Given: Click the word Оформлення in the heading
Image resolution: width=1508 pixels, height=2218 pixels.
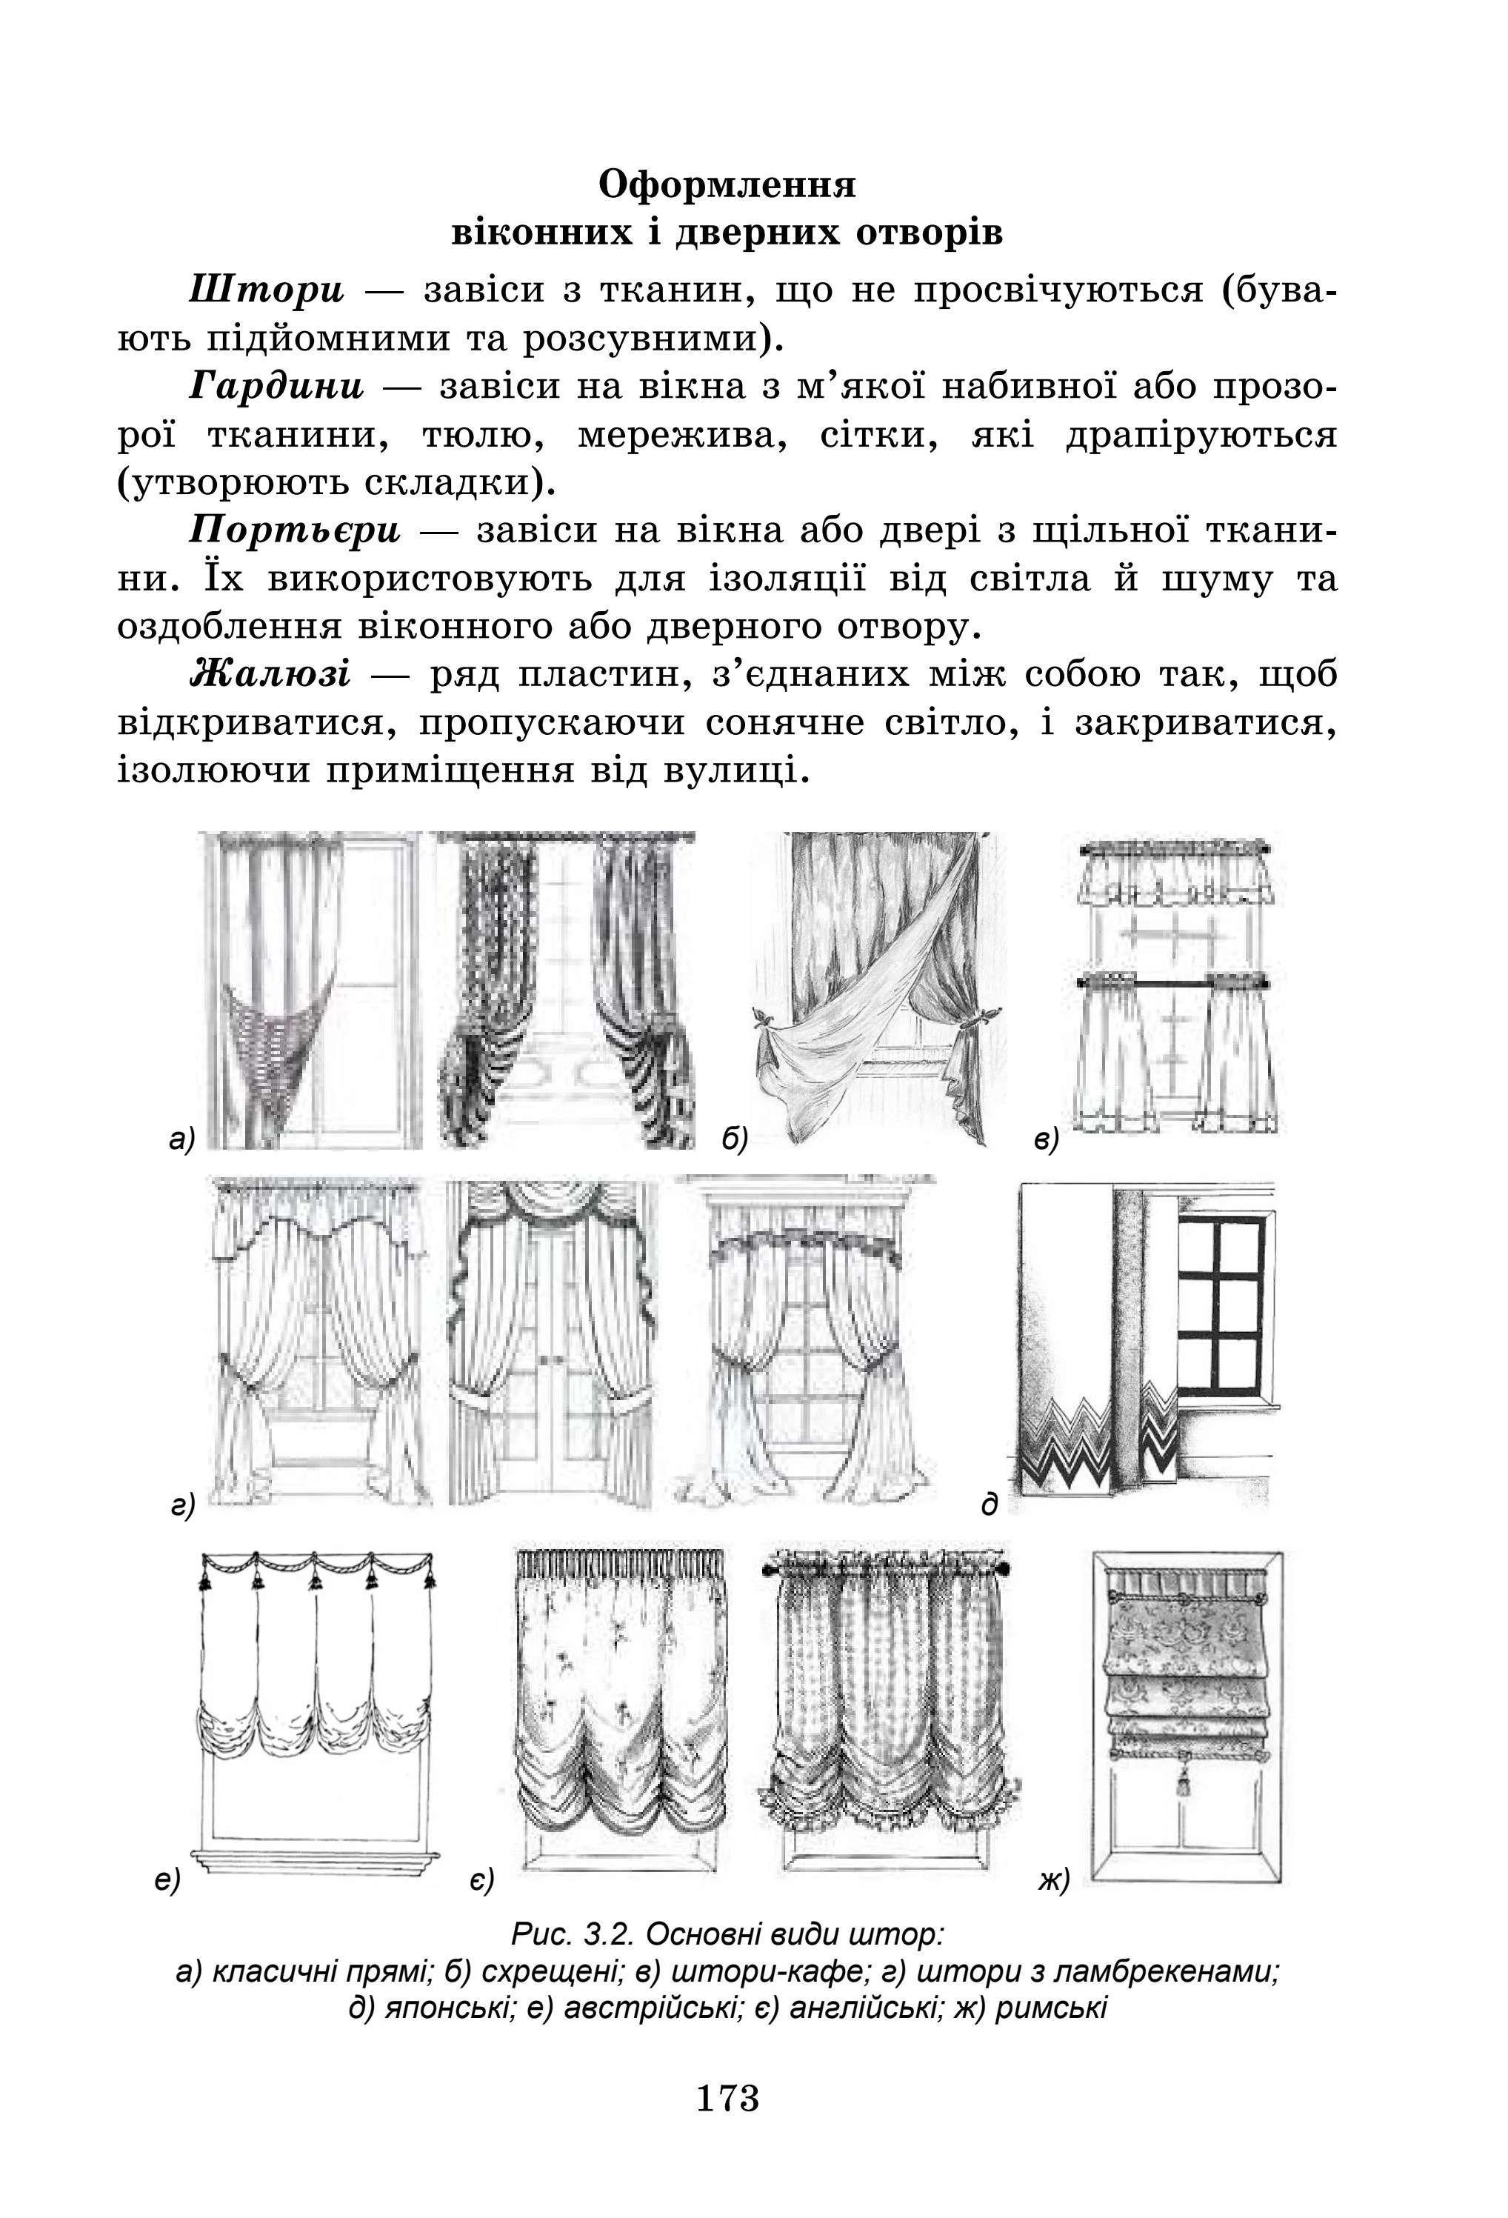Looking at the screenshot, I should pyautogui.click(x=727, y=184).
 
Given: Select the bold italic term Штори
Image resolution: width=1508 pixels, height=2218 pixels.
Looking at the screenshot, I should pyautogui.click(x=267, y=289).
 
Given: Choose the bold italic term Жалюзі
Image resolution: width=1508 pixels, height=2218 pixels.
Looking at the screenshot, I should pyautogui.click(x=271, y=674).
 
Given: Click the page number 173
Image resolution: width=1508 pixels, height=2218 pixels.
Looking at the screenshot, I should pyautogui.click(x=727, y=2099).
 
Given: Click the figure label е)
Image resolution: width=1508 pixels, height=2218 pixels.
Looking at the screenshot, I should pyautogui.click(x=167, y=1879).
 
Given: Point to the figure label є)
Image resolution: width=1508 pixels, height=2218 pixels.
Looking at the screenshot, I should pyautogui.click(x=481, y=1879).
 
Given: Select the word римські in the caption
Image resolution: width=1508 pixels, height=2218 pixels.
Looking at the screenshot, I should pyautogui.click(x=1051, y=2007).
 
